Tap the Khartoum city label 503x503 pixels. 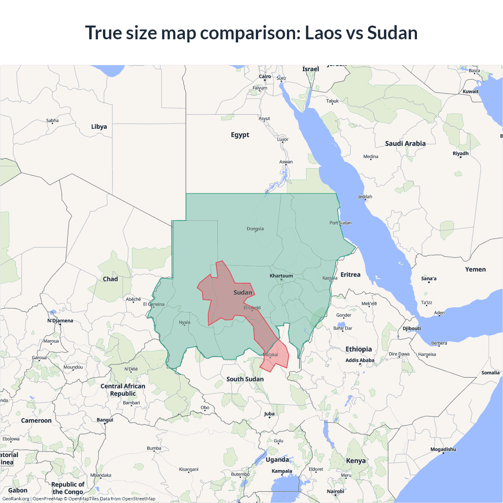[x=281, y=276]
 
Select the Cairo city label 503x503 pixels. [x=265, y=77]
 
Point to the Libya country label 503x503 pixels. [x=99, y=127]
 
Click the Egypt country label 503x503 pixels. [x=240, y=135]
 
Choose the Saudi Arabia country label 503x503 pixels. [x=405, y=143]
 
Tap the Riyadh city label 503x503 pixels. [x=461, y=153]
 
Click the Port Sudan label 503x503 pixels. [x=340, y=223]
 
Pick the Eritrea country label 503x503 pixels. [x=350, y=275]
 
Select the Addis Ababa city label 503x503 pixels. [x=360, y=360]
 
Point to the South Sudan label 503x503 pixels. [x=245, y=379]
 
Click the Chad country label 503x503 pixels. [x=110, y=279]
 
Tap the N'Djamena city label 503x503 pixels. [x=60, y=321]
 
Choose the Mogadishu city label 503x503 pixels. [x=443, y=449]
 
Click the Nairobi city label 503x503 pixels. [x=335, y=491]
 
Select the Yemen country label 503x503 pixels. [x=475, y=270]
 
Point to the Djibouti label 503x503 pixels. [x=411, y=329]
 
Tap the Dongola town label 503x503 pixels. [x=255, y=229]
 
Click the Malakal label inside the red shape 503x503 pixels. [x=270, y=355]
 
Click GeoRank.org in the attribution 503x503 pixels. [x=16, y=499]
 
